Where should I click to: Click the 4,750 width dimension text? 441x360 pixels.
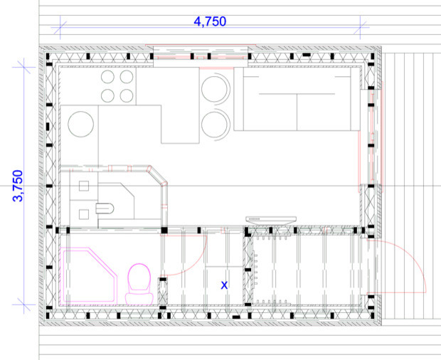[x=210, y=21]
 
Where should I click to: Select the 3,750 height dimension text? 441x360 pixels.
[x=19, y=186]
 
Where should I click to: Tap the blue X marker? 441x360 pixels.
[x=224, y=285]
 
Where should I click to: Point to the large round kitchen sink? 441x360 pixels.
[x=82, y=125]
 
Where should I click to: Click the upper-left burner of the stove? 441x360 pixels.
[x=110, y=78]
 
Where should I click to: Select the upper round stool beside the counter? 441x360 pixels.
[x=215, y=90]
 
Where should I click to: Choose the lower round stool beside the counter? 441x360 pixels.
[x=215, y=125]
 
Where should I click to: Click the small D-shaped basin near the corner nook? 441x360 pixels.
[x=104, y=208]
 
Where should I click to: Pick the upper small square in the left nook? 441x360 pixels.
[x=84, y=189]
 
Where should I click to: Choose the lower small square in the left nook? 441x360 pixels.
[x=84, y=213]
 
